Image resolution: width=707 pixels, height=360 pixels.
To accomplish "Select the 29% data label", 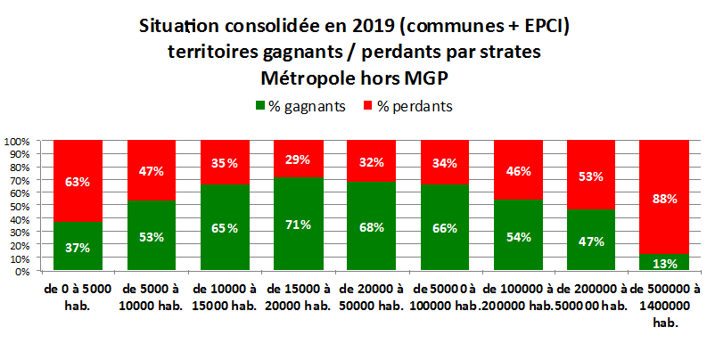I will (298, 160).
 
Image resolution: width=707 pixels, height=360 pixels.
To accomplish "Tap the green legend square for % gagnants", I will (261, 106).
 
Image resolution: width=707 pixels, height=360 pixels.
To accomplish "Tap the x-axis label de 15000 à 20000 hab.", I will (297, 297).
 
